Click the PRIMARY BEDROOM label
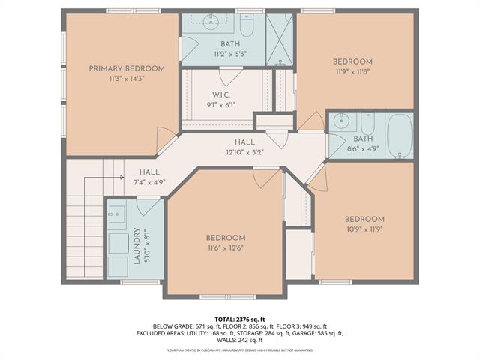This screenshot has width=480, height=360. (121, 68)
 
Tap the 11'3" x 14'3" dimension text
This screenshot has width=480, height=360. (121, 79)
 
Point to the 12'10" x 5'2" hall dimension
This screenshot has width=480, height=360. (244, 152)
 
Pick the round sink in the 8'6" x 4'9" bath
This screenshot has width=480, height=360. (342, 120)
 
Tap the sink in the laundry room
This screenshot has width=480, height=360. (117, 214)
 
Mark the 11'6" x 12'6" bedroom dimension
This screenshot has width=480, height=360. (226, 247)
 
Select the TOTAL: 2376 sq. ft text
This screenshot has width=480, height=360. (240, 319)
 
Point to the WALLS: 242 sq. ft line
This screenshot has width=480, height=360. (240, 340)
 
